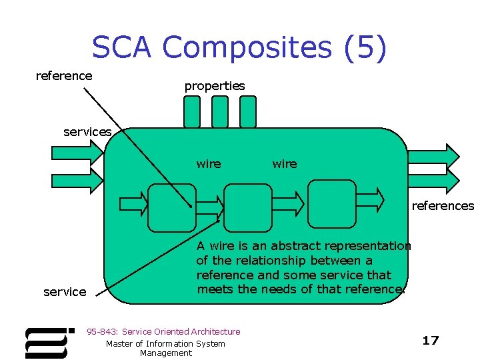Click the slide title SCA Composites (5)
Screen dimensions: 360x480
239,48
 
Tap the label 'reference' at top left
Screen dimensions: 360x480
64,76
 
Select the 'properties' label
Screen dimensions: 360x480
215,86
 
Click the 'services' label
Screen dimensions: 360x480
87,132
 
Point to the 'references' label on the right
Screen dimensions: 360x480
443,206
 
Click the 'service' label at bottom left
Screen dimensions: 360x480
65,292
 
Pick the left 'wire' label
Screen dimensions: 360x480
209,164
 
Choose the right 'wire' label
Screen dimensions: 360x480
285,164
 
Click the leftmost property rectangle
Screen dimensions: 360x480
192,111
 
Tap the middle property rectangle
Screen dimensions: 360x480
220,111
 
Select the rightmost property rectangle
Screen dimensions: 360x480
248,111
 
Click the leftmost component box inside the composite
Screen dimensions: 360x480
171,207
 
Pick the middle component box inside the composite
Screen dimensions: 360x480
248,207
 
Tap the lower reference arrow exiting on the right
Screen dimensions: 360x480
433,179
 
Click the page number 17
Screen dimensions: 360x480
431,341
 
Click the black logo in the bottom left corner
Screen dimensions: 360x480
48,343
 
